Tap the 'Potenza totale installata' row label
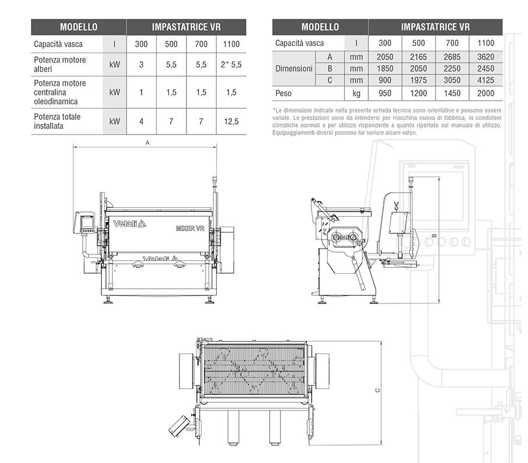click(57, 121)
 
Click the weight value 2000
click(485, 93)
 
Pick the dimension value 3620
click(485, 56)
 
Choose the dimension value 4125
click(485, 80)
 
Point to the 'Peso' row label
click(285, 93)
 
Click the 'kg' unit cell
click(356, 93)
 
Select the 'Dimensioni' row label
click(294, 68)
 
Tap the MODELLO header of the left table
click(79, 27)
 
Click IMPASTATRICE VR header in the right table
click(435, 27)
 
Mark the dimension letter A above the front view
click(147, 143)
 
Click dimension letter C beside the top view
click(378, 391)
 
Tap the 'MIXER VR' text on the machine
click(189, 228)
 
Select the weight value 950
click(385, 93)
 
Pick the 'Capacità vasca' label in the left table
click(58, 44)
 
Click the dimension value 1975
click(418, 80)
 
